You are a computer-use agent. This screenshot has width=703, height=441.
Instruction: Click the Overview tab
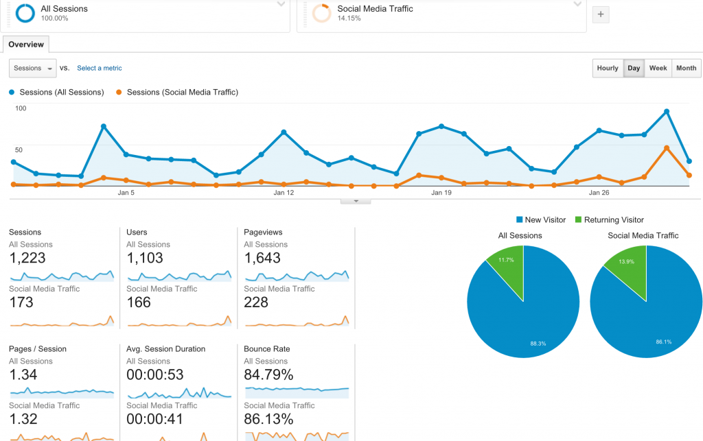click(26, 45)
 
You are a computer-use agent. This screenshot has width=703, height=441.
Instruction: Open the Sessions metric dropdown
click(33, 68)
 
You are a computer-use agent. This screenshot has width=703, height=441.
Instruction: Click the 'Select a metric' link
click(99, 68)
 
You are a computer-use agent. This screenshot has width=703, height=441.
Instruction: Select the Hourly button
click(608, 68)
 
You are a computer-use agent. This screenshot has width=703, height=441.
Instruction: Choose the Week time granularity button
click(658, 68)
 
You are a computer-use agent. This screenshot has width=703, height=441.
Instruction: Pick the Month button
click(686, 68)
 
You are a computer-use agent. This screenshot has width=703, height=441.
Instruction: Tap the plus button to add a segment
click(601, 14)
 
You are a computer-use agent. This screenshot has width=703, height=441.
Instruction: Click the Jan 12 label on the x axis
click(284, 193)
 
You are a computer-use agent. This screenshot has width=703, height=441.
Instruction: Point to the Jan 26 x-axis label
click(599, 193)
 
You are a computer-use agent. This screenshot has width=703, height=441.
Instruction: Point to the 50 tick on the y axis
click(19, 150)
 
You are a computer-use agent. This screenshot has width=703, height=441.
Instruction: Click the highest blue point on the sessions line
click(667, 112)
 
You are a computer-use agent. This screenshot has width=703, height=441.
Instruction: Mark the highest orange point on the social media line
click(667, 147)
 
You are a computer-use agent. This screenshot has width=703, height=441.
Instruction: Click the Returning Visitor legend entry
click(610, 220)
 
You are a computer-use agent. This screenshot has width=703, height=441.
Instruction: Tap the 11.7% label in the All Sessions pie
click(506, 260)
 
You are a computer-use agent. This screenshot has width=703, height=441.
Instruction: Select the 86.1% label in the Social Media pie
click(664, 342)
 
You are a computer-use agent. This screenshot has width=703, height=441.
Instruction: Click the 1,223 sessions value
click(27, 258)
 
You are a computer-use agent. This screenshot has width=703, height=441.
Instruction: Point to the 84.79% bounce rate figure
click(268, 374)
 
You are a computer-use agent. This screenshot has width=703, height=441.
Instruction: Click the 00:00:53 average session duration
click(155, 374)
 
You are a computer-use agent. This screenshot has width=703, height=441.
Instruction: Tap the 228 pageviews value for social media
click(256, 302)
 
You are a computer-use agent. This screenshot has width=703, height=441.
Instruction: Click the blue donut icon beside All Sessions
click(25, 13)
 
